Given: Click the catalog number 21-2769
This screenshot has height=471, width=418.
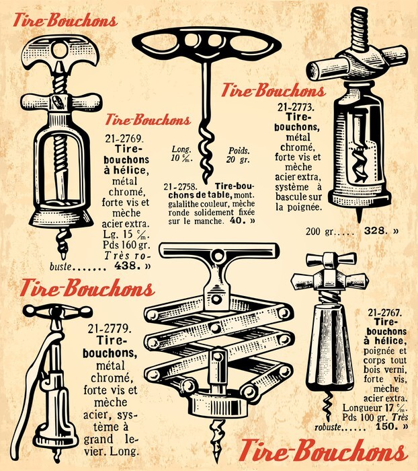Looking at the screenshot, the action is click(x=123, y=139).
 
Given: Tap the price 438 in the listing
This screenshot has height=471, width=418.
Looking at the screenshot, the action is click(x=127, y=266).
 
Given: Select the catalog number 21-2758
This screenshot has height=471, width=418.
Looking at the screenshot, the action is click(x=180, y=187).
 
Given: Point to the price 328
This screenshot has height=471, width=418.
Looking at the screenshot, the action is click(x=374, y=231).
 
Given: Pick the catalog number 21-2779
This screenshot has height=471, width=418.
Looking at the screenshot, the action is click(x=110, y=328).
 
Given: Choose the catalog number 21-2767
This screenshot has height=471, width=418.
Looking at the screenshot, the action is click(x=384, y=313).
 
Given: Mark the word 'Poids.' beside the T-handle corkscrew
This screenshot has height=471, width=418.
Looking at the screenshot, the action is click(x=239, y=151).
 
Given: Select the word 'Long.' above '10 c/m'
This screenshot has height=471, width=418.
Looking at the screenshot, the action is click(x=181, y=149).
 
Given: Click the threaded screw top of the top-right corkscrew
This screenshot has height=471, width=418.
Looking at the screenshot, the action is click(x=359, y=29).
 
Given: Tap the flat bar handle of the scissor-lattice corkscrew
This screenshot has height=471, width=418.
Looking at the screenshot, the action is click(x=219, y=250).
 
